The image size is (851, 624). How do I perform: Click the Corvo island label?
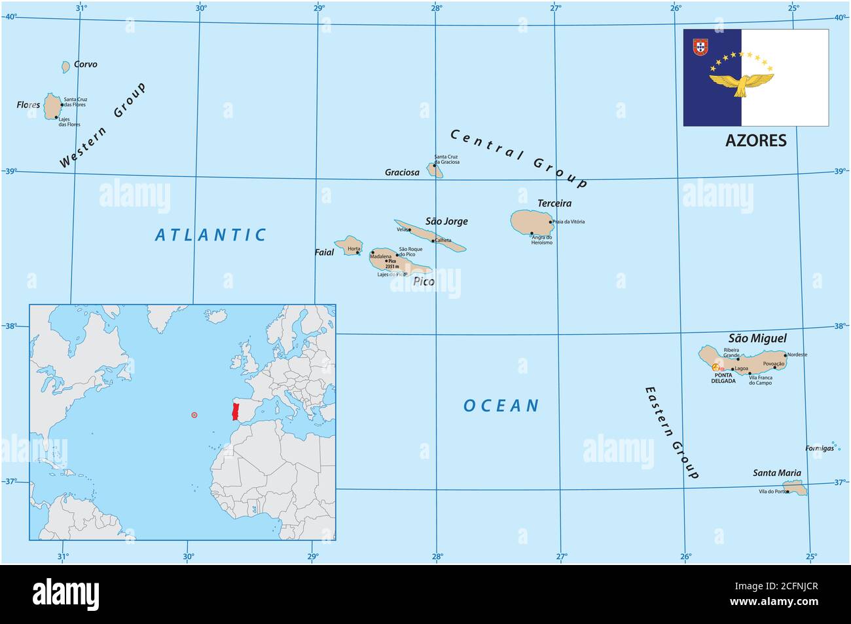click(x=85, y=64)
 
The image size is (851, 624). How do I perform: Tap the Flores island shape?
click(x=52, y=106)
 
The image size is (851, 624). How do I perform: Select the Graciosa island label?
click(x=402, y=172)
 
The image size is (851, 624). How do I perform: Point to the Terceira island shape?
click(x=530, y=222)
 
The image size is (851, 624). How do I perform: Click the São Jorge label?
click(x=446, y=222)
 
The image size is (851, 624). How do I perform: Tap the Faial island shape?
click(x=348, y=246)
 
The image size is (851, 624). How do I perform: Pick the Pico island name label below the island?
click(x=424, y=282)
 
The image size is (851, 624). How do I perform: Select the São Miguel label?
click(x=757, y=338)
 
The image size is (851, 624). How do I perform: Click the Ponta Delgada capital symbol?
click(x=715, y=368)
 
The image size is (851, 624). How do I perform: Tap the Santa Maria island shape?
click(x=795, y=488)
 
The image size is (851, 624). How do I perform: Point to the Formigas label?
click(x=820, y=448)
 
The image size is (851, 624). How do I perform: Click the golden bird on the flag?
click(x=742, y=83)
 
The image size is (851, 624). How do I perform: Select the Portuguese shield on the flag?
click(x=700, y=47)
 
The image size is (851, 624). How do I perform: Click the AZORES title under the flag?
click(x=756, y=140)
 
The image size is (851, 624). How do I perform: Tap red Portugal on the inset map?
click(x=236, y=412)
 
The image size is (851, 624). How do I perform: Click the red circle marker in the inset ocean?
click(x=194, y=415)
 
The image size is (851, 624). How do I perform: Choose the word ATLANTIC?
click(x=211, y=235)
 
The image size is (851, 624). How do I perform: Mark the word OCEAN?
click(x=501, y=406)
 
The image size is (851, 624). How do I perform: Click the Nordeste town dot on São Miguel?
click(x=785, y=355)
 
